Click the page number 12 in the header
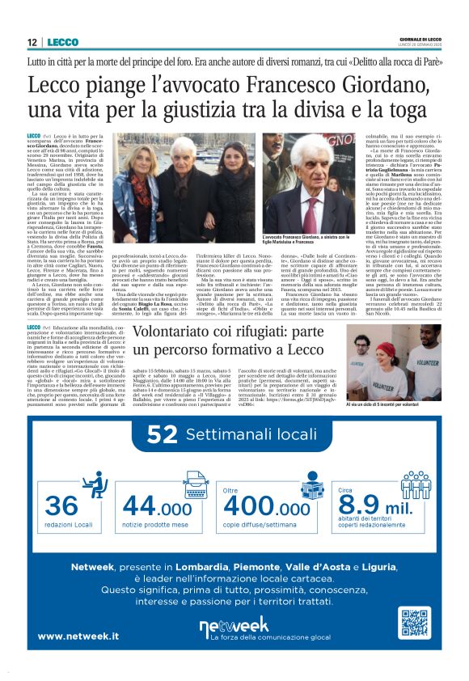(x=32, y=43)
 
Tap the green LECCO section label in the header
(x=62, y=43)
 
